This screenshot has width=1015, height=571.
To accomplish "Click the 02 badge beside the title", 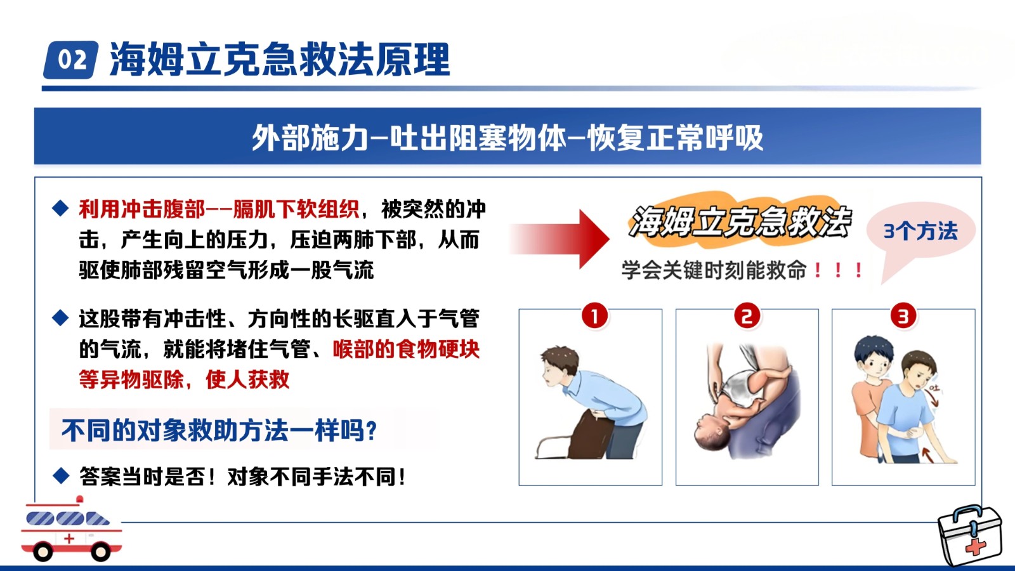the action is (x=70, y=60).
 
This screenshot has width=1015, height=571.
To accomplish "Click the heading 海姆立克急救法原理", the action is (x=280, y=60).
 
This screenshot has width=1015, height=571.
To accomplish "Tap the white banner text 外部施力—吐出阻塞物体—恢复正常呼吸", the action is (x=507, y=137).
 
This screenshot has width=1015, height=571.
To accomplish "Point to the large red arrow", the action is (x=560, y=239).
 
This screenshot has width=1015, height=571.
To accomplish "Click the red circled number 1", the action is (x=594, y=315).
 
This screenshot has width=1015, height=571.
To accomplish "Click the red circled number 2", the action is (x=747, y=315).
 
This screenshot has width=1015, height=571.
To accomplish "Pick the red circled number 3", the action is (x=903, y=315).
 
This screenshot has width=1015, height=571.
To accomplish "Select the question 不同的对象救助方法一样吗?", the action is (x=219, y=430).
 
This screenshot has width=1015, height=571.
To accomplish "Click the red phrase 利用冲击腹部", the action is (x=142, y=209).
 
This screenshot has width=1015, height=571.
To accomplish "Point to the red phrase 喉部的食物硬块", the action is (x=406, y=349).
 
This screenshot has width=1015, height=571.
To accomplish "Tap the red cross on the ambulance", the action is (x=69, y=539).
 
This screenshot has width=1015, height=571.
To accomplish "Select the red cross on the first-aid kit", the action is (x=975, y=547).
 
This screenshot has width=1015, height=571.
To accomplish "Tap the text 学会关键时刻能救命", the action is (x=714, y=270).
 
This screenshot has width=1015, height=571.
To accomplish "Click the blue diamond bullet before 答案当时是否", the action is (x=61, y=476).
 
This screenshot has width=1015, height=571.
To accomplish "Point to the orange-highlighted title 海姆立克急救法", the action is (x=740, y=221).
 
